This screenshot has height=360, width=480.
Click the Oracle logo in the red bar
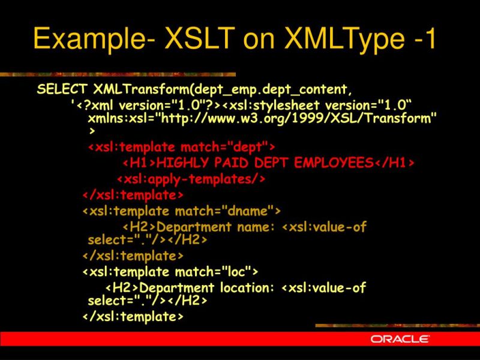[400, 339]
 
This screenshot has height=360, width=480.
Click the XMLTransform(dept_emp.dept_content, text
[221, 90]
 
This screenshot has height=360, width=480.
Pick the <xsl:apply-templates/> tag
[191, 179]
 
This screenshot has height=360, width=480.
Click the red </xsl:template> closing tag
[133, 195]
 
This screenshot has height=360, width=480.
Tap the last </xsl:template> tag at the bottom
[133, 316]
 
